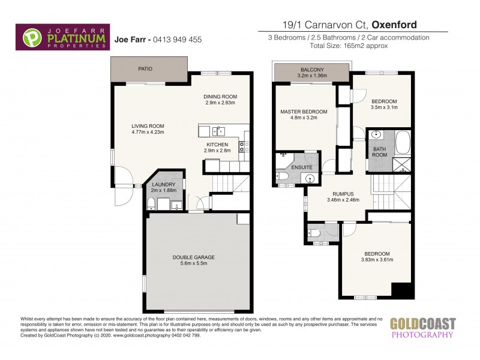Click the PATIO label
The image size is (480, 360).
[x=145, y=69]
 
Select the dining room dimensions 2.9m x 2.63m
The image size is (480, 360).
[x=221, y=102]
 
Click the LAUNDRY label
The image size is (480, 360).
[x=164, y=185]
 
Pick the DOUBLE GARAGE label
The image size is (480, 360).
[x=193, y=257]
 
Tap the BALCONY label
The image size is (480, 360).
[x=312, y=70]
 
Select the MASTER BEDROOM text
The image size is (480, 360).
[x=304, y=112]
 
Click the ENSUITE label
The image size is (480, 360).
[x=302, y=160]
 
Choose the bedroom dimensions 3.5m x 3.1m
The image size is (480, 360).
[x=383, y=107]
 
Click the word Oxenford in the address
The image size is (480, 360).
[x=395, y=25]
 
